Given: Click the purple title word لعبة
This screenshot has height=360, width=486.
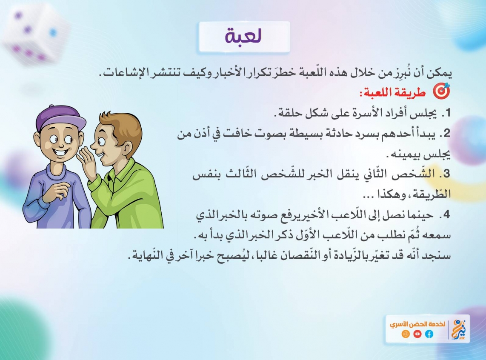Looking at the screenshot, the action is (x=243, y=36).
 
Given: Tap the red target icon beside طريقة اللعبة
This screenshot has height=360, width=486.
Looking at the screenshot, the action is (x=441, y=91).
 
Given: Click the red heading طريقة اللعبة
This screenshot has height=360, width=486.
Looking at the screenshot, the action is (x=393, y=92).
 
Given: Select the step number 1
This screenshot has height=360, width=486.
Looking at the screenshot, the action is (x=447, y=113).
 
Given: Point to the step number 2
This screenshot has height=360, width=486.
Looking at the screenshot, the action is (x=446, y=133).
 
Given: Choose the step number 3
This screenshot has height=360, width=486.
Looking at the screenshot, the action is (x=446, y=174).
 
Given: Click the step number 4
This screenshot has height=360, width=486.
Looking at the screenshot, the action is (x=446, y=214).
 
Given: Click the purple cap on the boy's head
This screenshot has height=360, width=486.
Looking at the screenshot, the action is (x=60, y=118).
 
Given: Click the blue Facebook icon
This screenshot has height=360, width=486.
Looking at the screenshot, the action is (x=429, y=334).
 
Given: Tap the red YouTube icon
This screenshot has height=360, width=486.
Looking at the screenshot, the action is (x=417, y=334).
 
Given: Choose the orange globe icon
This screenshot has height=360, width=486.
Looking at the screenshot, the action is (x=406, y=334).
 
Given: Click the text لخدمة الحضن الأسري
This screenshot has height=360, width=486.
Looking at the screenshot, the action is (x=417, y=324).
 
